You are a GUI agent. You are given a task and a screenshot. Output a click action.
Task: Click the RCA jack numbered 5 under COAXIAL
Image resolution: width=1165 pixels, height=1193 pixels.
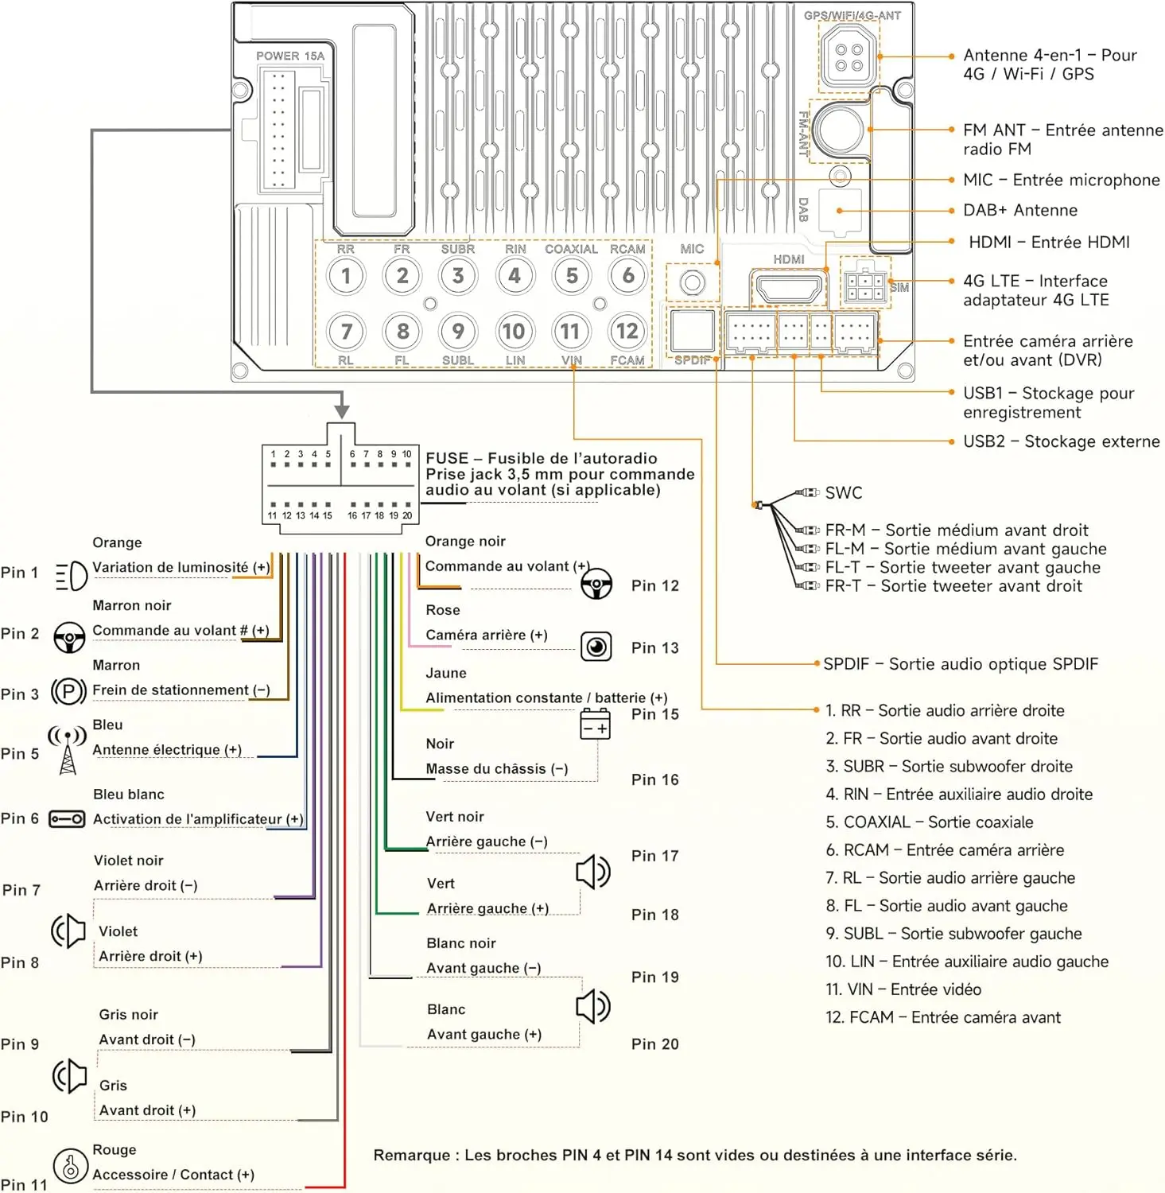(x=572, y=276)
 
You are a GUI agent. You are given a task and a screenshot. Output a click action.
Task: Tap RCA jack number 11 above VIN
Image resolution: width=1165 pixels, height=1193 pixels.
(x=570, y=331)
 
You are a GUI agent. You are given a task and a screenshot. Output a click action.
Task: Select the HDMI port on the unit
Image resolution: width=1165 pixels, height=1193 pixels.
(x=788, y=287)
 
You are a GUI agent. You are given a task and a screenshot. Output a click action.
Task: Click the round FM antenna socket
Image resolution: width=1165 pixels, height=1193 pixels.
(x=837, y=130)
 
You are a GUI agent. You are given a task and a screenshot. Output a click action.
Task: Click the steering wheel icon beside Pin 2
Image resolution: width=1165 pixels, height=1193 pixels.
(x=69, y=637)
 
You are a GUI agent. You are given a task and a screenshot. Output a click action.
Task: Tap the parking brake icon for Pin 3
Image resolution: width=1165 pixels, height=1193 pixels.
(x=68, y=691)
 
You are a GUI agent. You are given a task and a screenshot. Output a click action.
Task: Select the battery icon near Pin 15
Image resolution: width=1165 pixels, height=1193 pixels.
(x=595, y=725)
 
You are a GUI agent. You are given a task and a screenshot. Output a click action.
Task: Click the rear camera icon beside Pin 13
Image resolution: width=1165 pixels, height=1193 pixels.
(x=596, y=647)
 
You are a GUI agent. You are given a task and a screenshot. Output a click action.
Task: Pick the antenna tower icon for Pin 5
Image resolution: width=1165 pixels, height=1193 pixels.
(x=68, y=749)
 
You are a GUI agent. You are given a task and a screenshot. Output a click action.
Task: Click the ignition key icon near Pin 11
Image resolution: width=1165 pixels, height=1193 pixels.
(x=70, y=1166)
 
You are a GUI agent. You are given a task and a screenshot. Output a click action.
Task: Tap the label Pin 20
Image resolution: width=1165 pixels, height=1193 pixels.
(x=655, y=1044)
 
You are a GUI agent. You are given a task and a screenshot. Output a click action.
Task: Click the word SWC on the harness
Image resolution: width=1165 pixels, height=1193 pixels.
(x=844, y=493)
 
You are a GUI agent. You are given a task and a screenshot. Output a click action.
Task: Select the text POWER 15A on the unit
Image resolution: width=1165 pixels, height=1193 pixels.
(x=290, y=56)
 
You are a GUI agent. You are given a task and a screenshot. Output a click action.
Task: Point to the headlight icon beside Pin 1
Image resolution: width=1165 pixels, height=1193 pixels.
(x=71, y=576)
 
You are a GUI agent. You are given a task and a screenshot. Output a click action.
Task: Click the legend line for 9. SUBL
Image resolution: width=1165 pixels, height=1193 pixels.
(x=953, y=934)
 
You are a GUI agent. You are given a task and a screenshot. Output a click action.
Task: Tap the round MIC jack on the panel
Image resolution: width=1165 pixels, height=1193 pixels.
(x=692, y=282)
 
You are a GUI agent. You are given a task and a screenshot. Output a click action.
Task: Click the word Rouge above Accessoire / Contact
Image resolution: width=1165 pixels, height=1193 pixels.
(x=115, y=1150)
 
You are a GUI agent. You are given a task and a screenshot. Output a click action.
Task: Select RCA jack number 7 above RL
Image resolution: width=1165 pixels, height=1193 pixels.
(x=346, y=331)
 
